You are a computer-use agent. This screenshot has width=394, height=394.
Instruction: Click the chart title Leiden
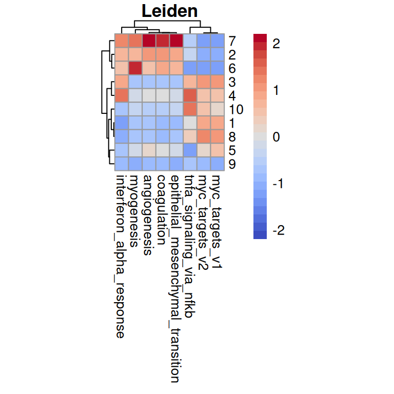[169, 11]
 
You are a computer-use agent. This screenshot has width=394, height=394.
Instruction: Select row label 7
[232, 40]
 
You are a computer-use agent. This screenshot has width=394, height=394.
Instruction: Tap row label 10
[237, 109]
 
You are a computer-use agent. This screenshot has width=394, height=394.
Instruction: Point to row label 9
[232, 164]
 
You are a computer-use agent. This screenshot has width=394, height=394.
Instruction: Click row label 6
[232, 68]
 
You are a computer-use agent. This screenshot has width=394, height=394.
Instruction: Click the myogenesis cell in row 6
[135, 68]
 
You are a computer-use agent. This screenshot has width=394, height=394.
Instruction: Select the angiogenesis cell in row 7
[149, 40]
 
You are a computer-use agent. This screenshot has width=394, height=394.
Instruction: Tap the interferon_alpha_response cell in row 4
[121, 95]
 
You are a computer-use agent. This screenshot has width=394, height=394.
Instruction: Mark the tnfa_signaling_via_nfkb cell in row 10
[190, 109]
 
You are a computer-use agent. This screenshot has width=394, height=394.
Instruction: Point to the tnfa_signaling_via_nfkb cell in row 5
[190, 150]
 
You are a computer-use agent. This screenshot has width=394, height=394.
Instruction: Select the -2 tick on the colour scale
[278, 230]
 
